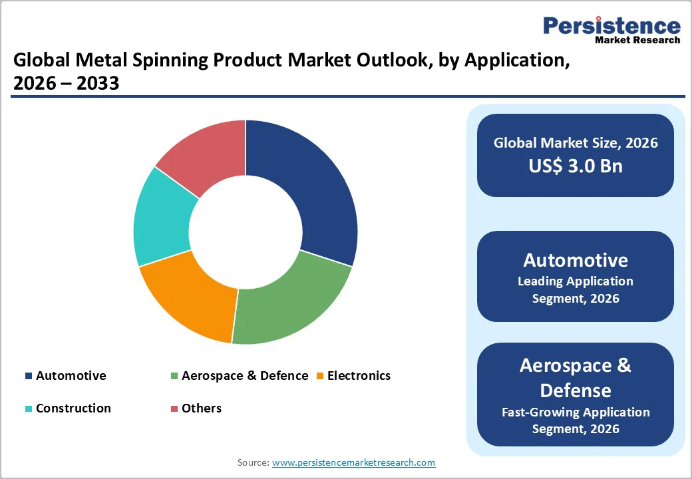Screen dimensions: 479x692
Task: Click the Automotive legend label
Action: coord(71,376)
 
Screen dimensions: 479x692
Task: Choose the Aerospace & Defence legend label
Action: coord(245,376)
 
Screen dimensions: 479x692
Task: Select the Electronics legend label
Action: coord(359,376)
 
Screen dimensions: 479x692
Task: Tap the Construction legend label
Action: coord(73,408)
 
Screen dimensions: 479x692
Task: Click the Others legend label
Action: coord(201,408)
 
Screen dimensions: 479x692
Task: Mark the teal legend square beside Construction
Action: coord(29,408)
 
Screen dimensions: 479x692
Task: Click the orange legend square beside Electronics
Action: coord(320,376)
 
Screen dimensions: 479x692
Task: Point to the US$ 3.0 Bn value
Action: coord(576,166)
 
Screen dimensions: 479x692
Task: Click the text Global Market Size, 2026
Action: coord(576,143)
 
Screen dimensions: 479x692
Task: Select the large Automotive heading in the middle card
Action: coord(576,259)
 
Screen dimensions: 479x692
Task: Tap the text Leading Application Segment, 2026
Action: coord(576,289)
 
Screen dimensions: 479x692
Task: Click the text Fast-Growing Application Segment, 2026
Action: coord(576,420)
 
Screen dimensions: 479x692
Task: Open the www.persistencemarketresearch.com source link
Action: coord(353,462)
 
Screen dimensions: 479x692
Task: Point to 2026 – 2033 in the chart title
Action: coord(66,83)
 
